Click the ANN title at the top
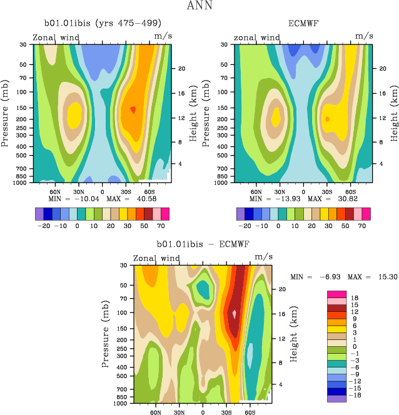(199, 7)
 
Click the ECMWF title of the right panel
(302, 24)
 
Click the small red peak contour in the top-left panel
(133, 110)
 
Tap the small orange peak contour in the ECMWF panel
(327, 118)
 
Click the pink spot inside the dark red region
(235, 314)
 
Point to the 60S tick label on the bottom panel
(249, 413)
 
